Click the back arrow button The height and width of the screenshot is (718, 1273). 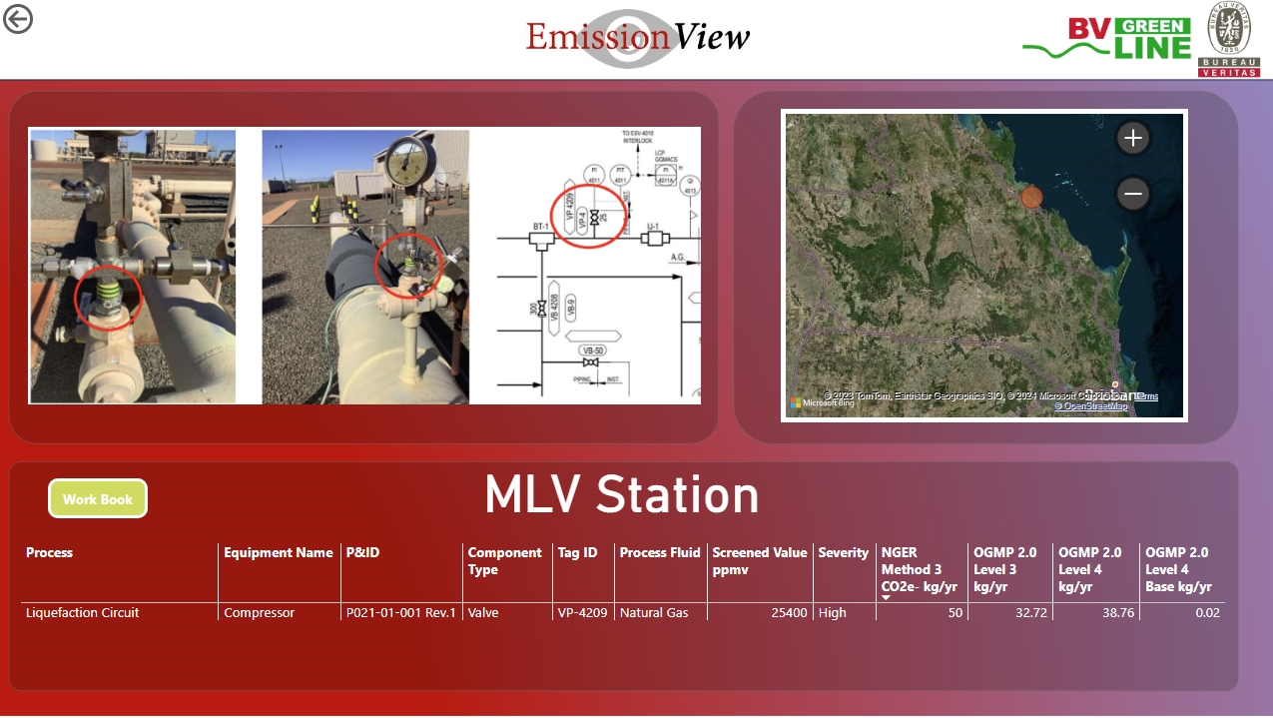click(x=18, y=18)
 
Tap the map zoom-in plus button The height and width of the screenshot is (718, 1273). click(x=1132, y=139)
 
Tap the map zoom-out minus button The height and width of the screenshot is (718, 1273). click(x=1132, y=194)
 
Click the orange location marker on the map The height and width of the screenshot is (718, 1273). click(x=1032, y=197)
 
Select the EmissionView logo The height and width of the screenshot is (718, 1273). click(x=638, y=38)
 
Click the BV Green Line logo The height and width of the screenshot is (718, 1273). click(x=1107, y=39)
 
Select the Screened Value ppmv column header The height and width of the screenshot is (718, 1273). click(x=759, y=561)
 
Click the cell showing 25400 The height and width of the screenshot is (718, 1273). click(x=789, y=613)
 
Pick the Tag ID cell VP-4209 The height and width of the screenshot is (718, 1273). click(x=581, y=613)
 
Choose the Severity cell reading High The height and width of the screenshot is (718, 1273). click(x=832, y=613)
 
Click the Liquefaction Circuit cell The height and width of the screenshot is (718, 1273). click(x=83, y=613)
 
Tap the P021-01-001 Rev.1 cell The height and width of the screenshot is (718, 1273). click(x=400, y=613)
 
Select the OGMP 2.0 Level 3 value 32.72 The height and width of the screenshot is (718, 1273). click(x=1030, y=613)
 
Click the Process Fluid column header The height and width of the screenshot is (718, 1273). click(x=659, y=552)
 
